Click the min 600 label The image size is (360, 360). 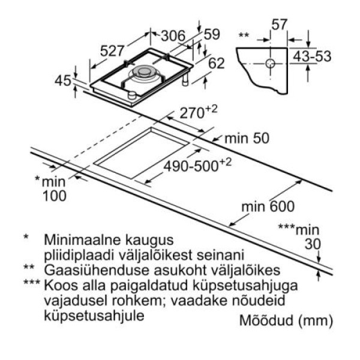click(268, 207)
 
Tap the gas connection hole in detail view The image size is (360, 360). click(271, 62)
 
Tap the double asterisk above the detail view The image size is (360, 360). click(244, 36)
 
